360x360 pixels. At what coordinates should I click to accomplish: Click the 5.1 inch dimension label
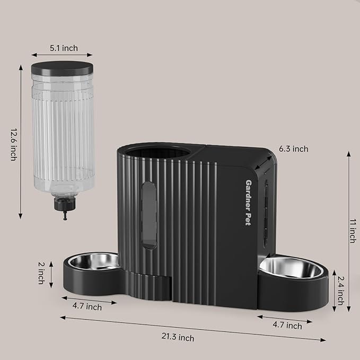pyautogui.click(x=63, y=48)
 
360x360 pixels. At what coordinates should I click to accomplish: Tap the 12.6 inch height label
pyautogui.click(x=13, y=143)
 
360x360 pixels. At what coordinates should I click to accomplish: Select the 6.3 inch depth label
pyautogui.click(x=293, y=149)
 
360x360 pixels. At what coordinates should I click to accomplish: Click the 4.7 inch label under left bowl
pyautogui.click(x=87, y=306)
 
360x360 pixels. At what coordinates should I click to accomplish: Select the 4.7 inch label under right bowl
pyautogui.click(x=287, y=325)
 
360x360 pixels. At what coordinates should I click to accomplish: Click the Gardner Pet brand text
pyautogui.click(x=248, y=201)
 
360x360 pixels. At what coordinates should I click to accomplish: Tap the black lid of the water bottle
pyautogui.click(x=59, y=68)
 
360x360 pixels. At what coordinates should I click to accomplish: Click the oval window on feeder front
pyautogui.click(x=150, y=215)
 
